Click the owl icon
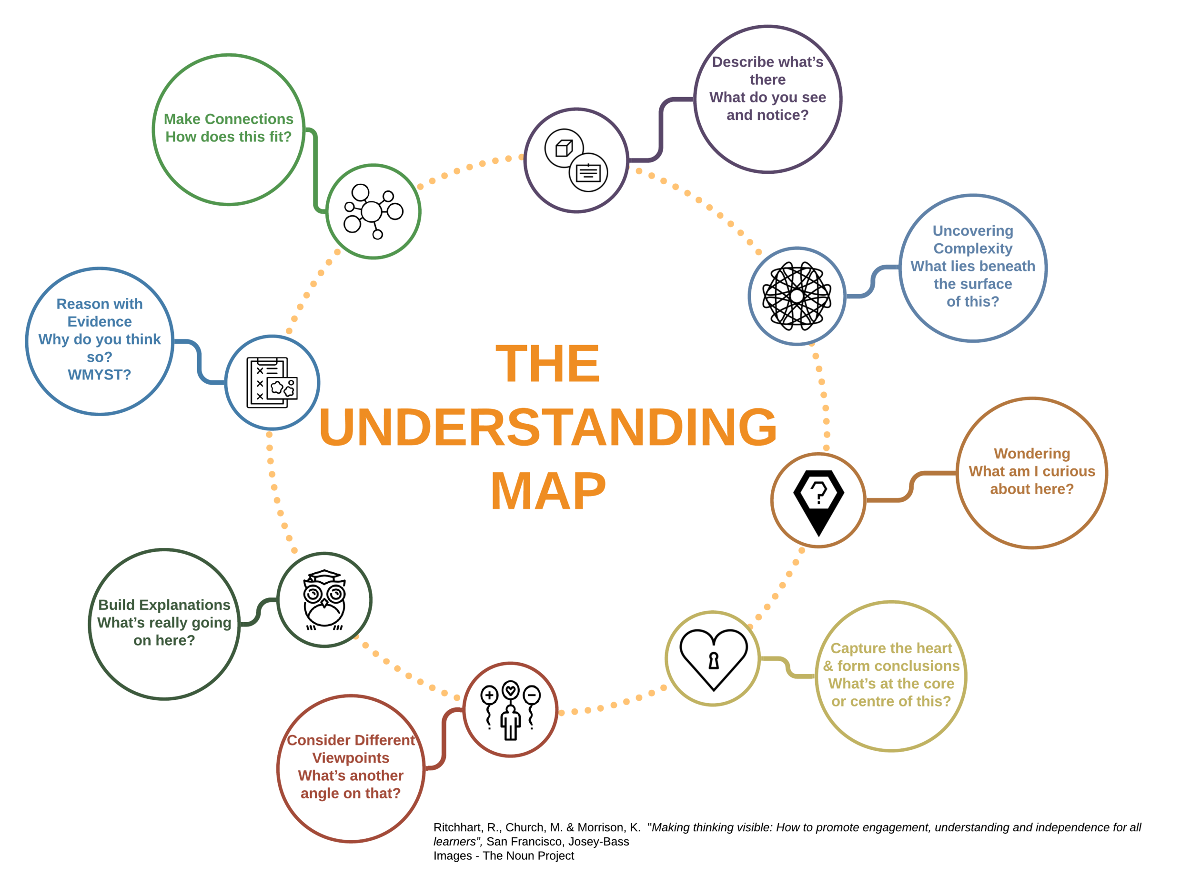pos(324,599)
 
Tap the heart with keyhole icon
pos(714,659)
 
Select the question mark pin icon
pos(818,500)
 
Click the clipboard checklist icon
pos(272,383)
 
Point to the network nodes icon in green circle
pos(373,211)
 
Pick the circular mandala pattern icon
pos(797,296)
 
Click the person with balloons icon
pos(510,710)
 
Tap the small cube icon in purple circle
pos(564,148)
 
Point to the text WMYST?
pos(100,375)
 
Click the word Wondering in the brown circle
pos(1031,454)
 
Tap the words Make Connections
pos(228,119)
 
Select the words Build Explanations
pos(164,605)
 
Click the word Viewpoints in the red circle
pos(351,758)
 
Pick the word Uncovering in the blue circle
pos(972,231)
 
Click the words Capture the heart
pos(891,648)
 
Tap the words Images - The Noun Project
pos(504,855)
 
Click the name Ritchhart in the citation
pos(456,827)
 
